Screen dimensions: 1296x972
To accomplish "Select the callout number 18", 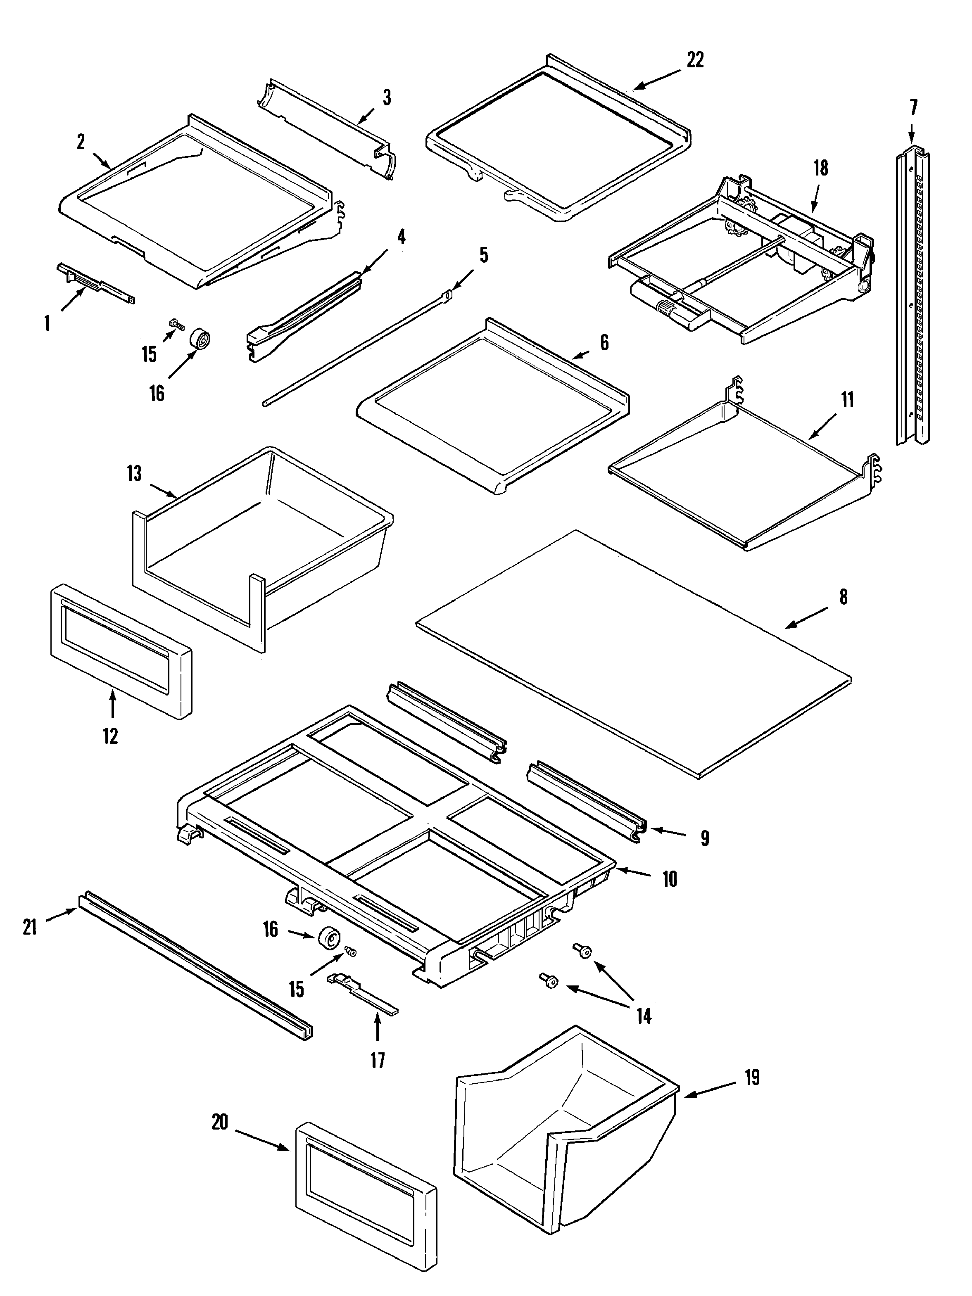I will (821, 168).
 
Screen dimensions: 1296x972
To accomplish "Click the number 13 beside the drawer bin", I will (134, 473).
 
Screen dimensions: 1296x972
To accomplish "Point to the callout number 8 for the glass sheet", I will (843, 597).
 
